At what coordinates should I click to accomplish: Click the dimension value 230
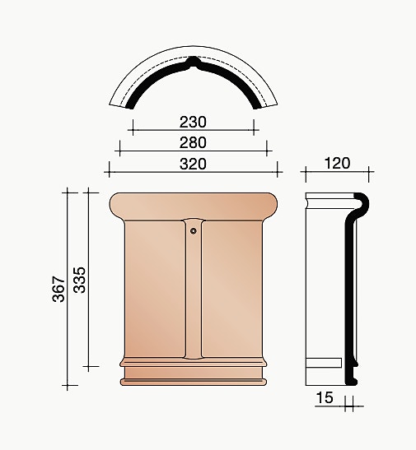point(193,122)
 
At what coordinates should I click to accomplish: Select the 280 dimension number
point(193,142)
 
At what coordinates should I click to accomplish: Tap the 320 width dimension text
point(193,163)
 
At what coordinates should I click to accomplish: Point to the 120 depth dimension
point(337,163)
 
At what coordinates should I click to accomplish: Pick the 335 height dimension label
point(80,280)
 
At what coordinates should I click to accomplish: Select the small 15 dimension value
point(325,399)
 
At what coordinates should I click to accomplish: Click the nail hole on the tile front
point(194,231)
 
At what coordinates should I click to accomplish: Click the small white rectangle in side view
point(323,363)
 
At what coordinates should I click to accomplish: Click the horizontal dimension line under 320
point(194,173)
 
